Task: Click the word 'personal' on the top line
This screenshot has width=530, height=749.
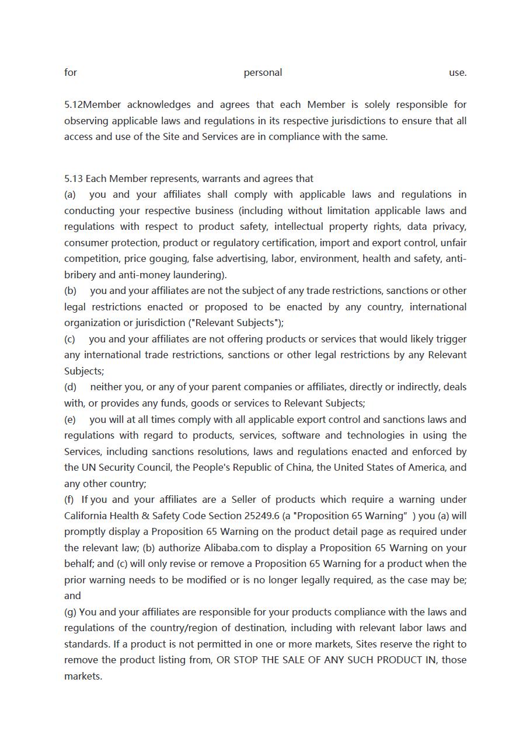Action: [263, 72]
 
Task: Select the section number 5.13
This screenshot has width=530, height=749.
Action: [74, 178]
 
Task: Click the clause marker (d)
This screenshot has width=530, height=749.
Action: [70, 387]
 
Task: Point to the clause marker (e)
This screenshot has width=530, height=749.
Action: [70, 419]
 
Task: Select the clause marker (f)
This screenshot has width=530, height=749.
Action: [69, 499]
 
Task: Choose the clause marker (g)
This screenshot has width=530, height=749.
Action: [70, 612]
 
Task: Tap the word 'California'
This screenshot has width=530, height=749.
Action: [87, 516]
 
